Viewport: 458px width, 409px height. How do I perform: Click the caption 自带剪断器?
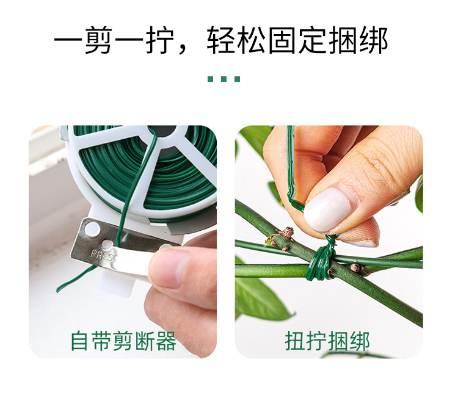[x=123, y=341]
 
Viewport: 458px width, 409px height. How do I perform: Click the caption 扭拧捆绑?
[x=327, y=341]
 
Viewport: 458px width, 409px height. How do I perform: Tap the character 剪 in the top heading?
[x=99, y=40]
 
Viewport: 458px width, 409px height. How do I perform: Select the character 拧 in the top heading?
[x=160, y=40]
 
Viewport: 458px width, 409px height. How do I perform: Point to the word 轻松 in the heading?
[x=236, y=40]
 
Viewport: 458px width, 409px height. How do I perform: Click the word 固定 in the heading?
[x=297, y=40]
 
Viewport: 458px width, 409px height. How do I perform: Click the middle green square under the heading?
[x=224, y=79]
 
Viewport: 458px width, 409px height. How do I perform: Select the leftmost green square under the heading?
[x=210, y=79]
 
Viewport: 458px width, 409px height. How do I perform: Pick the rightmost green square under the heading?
[x=237, y=79]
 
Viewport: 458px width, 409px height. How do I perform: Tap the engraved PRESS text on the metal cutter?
[x=101, y=255]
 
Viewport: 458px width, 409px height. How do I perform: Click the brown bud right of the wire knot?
[x=355, y=267]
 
